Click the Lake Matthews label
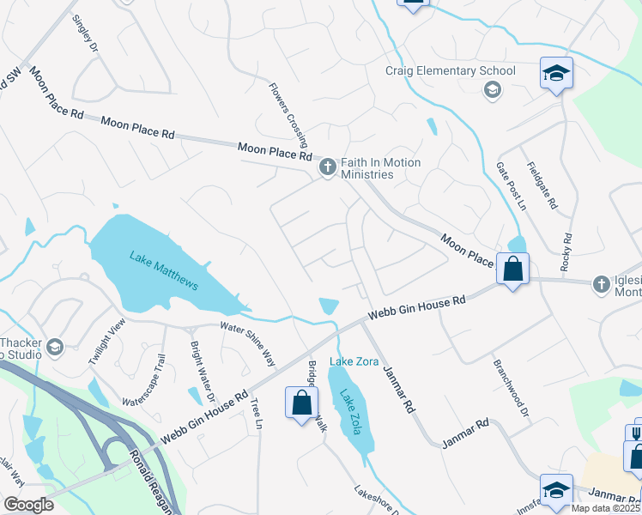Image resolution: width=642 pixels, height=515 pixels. (x=165, y=270)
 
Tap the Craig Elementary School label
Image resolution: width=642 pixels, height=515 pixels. (x=451, y=71)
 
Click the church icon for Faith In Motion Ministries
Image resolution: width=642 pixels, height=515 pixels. (x=327, y=168)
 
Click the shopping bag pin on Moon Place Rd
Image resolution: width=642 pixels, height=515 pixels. (x=512, y=270)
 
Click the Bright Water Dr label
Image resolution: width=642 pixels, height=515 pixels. (x=194, y=366)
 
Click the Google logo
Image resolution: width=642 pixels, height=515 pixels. (x=28, y=505)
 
